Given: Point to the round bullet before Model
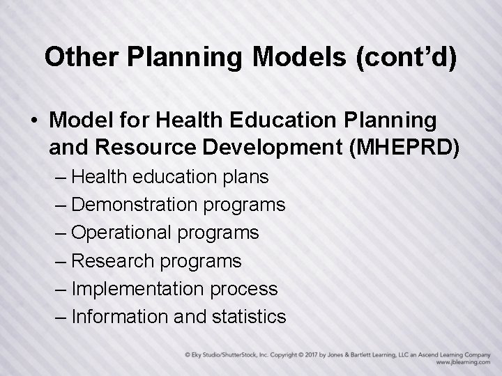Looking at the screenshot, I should (34, 121).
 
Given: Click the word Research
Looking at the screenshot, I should (113, 261).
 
